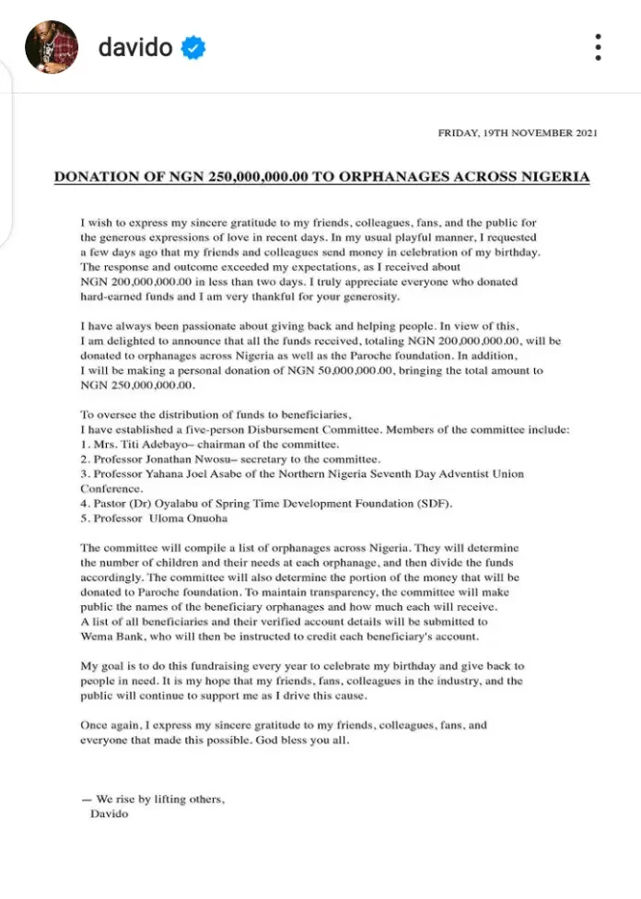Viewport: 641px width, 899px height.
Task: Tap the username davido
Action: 135,47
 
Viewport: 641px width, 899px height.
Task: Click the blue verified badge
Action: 192,48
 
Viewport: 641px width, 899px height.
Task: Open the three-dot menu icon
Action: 598,48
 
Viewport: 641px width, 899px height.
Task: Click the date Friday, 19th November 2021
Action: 518,133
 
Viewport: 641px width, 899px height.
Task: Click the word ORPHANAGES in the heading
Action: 414,176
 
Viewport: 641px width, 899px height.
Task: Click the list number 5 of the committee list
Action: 84,518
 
